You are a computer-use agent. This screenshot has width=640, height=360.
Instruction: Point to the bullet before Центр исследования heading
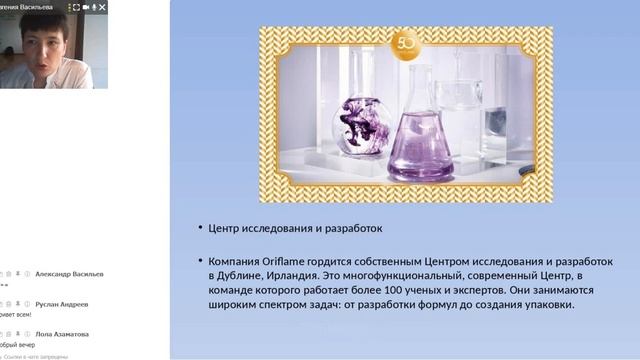200,229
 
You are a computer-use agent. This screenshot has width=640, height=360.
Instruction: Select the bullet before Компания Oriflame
200,262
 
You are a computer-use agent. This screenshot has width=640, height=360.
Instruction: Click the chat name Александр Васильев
69,274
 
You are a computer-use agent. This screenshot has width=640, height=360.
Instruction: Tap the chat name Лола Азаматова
62,334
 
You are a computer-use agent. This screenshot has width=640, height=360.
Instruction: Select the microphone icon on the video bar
94,7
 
